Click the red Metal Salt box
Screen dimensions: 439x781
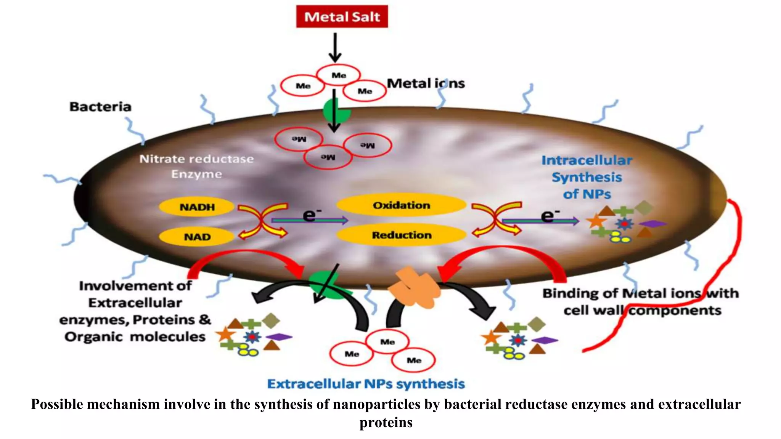pos(342,16)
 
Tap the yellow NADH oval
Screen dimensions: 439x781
pos(197,207)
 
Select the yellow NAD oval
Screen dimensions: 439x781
pos(197,237)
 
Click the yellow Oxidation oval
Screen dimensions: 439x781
pos(401,205)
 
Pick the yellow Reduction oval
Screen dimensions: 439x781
pos(401,235)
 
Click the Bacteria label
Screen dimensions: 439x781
pos(100,107)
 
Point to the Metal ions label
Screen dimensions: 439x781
pos(426,83)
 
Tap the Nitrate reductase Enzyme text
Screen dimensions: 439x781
pos(196,166)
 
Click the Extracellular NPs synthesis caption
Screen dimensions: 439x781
pos(366,383)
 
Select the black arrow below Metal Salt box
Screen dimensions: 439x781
pos(335,47)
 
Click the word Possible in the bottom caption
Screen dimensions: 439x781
pos(57,404)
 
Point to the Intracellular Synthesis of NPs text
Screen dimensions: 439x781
pos(587,177)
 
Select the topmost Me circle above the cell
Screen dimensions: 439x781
pos(339,75)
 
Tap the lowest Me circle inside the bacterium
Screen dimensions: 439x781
pos(328,157)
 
